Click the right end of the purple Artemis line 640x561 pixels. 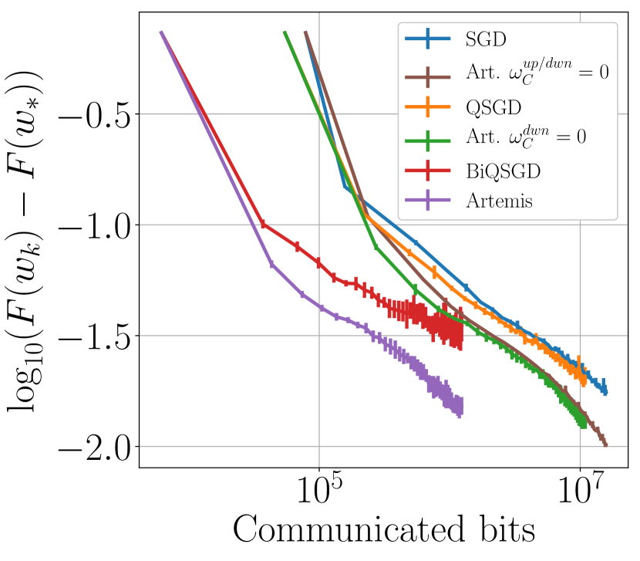coord(460,406)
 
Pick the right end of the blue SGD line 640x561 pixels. coord(605,391)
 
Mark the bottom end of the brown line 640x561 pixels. coord(605,444)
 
